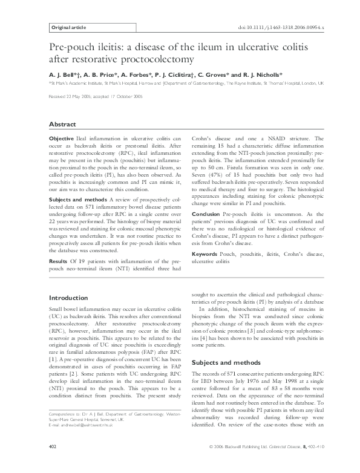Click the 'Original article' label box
tap(68, 28)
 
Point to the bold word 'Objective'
tap(61, 139)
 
